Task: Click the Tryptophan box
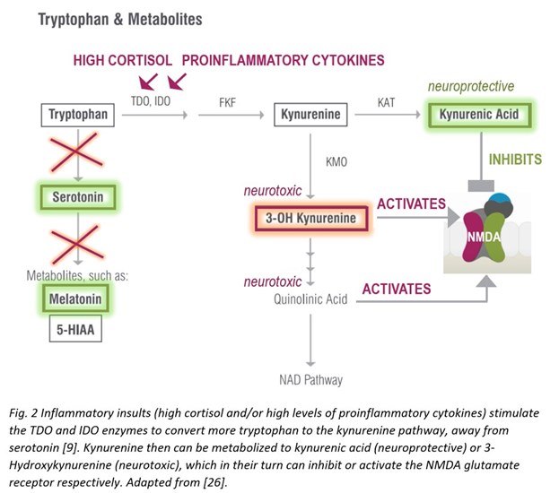(x=78, y=115)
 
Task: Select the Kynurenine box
(x=310, y=115)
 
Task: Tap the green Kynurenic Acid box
(x=479, y=115)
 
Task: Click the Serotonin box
(x=78, y=197)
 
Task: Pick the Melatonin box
(x=75, y=298)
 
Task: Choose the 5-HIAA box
(x=75, y=329)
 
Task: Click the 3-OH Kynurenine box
(x=310, y=218)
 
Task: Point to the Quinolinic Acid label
(x=310, y=299)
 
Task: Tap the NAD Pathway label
(x=310, y=380)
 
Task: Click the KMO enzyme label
(x=336, y=162)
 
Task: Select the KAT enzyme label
(x=386, y=102)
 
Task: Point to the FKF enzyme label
(x=227, y=102)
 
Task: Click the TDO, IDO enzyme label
(x=151, y=101)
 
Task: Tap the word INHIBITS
(x=515, y=160)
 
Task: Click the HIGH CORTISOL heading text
(x=123, y=60)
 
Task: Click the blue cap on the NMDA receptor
(x=500, y=198)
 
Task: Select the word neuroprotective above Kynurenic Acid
(x=471, y=86)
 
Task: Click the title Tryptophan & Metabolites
(x=120, y=19)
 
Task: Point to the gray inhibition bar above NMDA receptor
(x=481, y=186)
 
